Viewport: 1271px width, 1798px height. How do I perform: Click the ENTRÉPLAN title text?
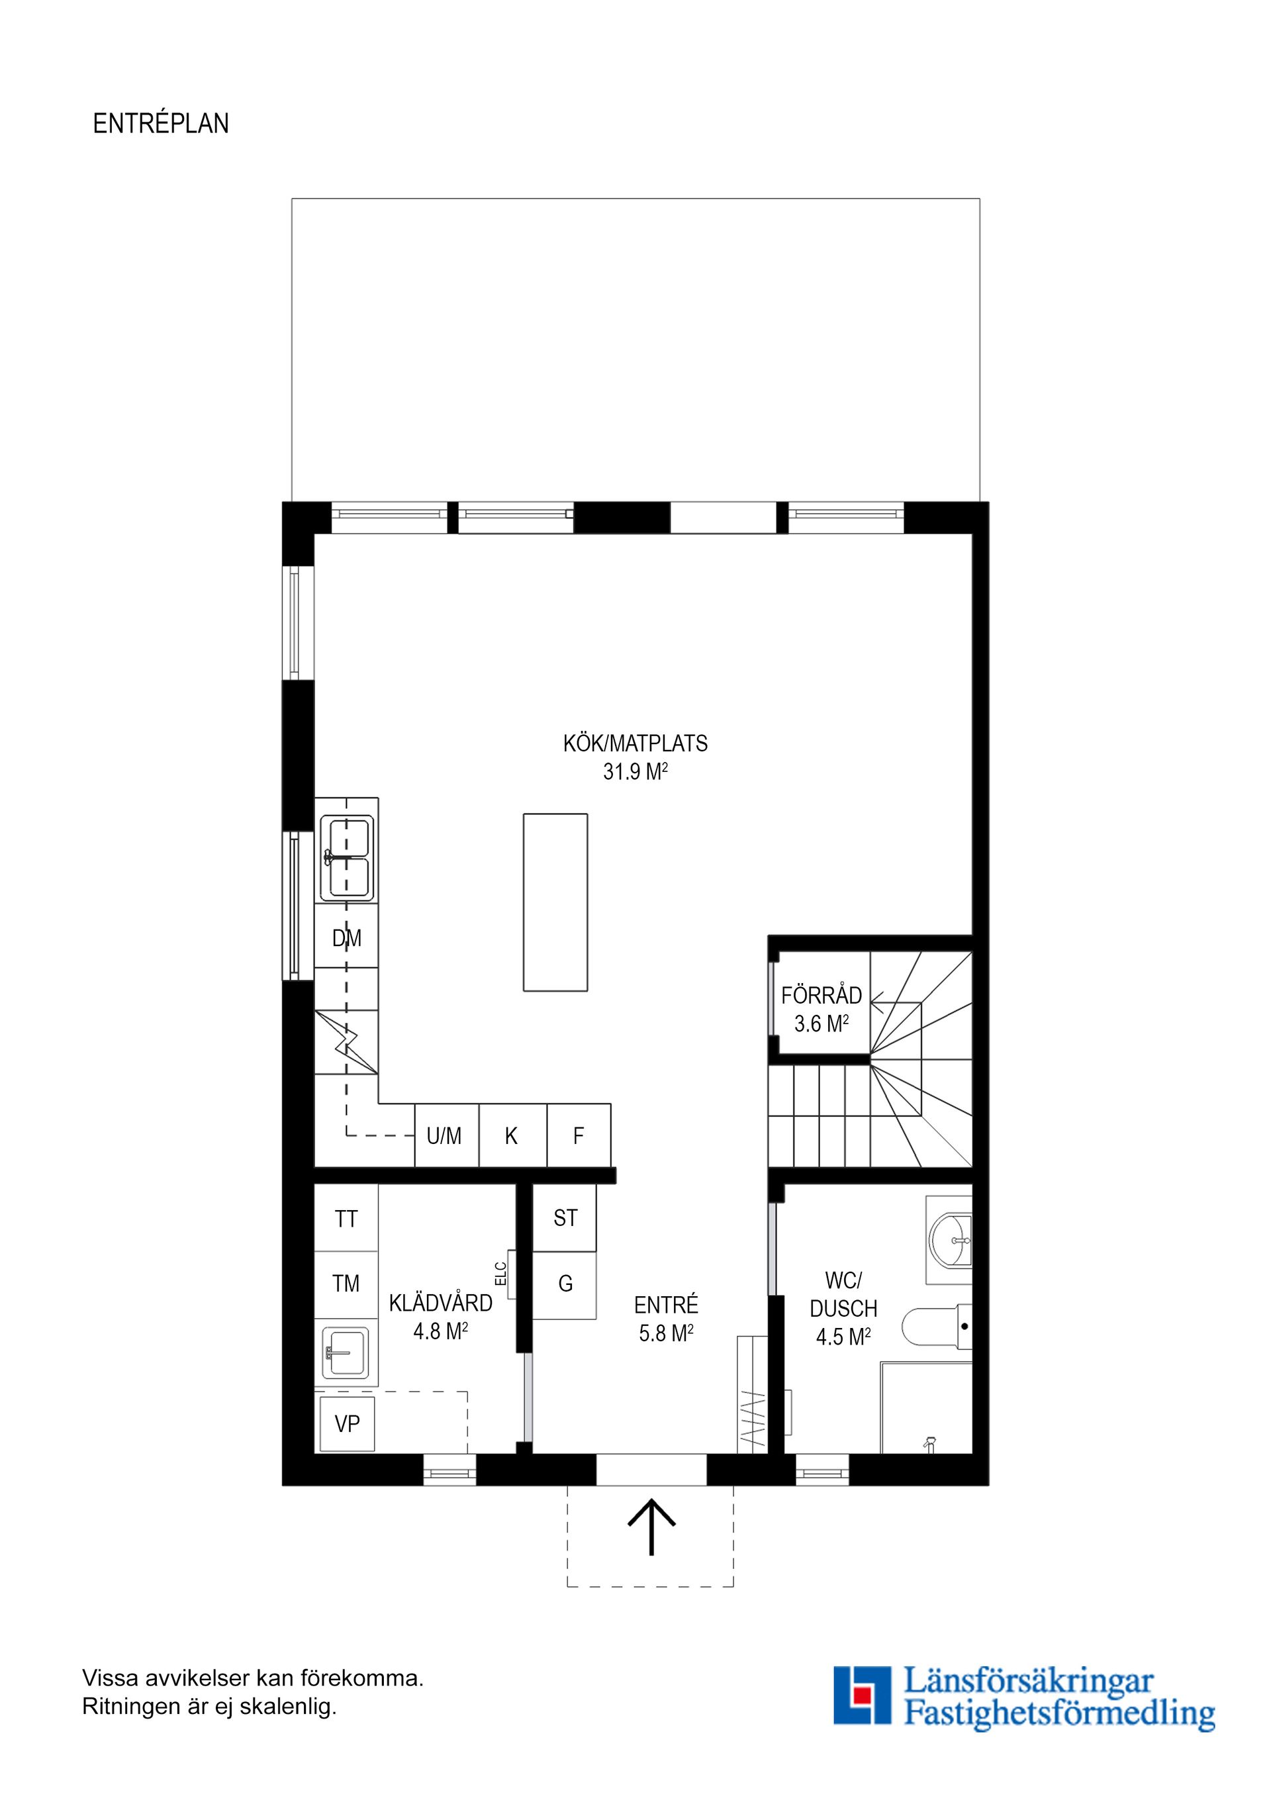coord(161,124)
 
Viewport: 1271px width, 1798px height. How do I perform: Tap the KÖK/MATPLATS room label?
coord(635,743)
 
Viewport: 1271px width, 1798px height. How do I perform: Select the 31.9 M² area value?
coord(635,772)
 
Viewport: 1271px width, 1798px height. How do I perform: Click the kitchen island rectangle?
coord(555,902)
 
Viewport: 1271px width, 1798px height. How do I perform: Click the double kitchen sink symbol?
coord(347,857)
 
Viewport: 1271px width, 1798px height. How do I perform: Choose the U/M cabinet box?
coord(445,1135)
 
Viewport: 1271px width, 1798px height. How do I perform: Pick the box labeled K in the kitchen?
coord(511,1135)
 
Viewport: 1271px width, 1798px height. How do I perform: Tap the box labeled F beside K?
coord(578,1135)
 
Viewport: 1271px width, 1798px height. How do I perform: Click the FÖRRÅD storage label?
coord(821,996)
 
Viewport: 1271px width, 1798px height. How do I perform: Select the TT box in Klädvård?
coord(346,1219)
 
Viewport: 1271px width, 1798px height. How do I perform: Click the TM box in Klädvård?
coord(346,1284)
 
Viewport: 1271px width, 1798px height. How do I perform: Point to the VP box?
coord(347,1424)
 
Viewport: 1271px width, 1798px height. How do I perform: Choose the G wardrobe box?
coord(565,1284)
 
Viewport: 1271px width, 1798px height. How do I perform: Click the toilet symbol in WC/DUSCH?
coord(937,1327)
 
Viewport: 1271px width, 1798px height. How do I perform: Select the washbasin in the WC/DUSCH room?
coord(949,1241)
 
